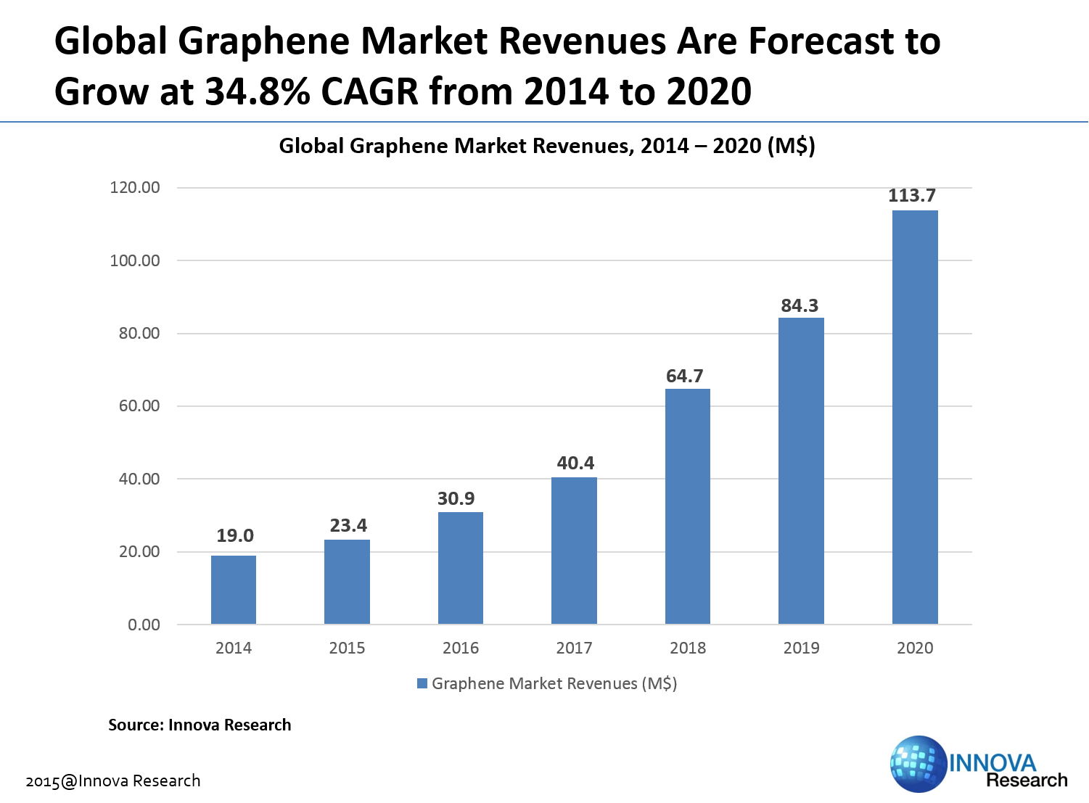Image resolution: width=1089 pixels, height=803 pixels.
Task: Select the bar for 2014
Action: click(234, 590)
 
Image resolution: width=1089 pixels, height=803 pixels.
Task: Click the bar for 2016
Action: click(461, 568)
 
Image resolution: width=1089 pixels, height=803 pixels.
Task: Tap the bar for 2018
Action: click(688, 506)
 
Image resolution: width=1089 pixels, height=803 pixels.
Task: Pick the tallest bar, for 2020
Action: click(915, 417)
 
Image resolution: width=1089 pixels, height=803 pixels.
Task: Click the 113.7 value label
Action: click(912, 196)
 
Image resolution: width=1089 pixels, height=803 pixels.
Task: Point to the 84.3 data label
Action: click(800, 306)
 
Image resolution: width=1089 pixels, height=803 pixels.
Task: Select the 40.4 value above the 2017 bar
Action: click(575, 463)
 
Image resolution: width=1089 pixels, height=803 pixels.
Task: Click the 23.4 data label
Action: click(348, 525)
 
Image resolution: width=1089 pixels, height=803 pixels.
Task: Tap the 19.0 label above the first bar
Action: click(235, 536)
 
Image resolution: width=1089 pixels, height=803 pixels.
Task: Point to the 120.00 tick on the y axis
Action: click(135, 188)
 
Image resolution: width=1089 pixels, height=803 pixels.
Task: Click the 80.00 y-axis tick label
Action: click(139, 334)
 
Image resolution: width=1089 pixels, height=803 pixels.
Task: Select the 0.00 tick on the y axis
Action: click(144, 625)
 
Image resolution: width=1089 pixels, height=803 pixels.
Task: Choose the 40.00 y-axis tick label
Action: click(139, 479)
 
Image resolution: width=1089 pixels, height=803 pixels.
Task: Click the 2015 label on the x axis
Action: click(347, 648)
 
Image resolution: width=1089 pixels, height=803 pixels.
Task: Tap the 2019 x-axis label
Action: click(801, 648)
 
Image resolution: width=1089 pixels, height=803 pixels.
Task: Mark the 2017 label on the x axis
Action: click(574, 648)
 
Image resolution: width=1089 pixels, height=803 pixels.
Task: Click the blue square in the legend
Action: click(422, 683)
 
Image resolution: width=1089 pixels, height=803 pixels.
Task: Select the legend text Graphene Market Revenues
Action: click(554, 683)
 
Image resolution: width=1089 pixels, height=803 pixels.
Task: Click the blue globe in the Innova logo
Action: click(917, 764)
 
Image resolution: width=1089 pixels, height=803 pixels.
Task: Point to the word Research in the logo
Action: click(1026, 781)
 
